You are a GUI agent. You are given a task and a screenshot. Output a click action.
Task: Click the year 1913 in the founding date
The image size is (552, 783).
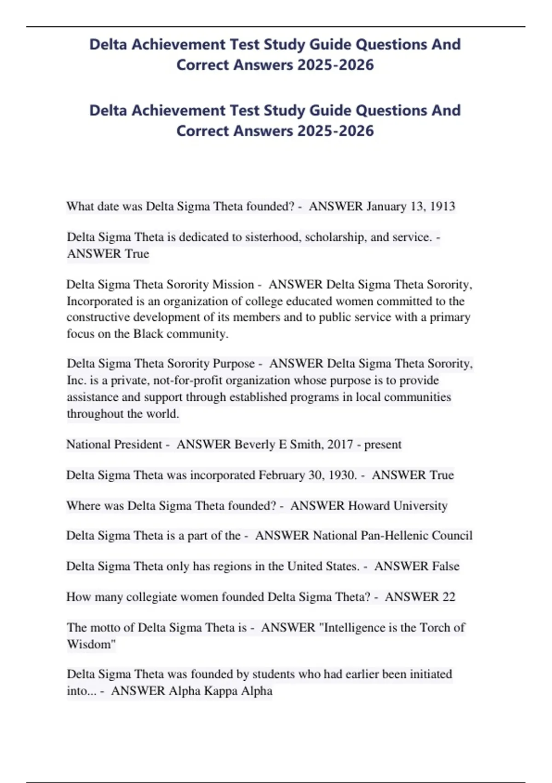(x=442, y=206)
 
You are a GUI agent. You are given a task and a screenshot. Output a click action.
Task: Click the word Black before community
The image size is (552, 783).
(x=148, y=333)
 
